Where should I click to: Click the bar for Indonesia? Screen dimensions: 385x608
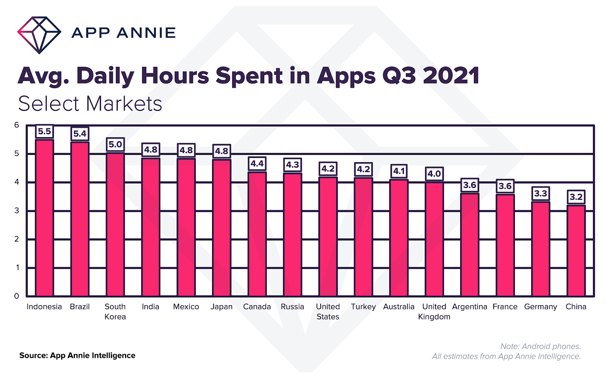(44, 218)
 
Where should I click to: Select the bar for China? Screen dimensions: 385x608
(576, 251)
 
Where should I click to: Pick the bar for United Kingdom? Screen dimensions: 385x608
(434, 239)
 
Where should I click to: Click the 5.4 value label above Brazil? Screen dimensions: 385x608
(80, 134)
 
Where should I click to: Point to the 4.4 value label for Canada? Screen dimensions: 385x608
(257, 164)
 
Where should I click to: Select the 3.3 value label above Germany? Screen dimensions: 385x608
(541, 194)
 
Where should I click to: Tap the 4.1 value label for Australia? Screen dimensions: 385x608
(399, 171)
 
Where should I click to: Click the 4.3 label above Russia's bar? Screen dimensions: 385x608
(293, 165)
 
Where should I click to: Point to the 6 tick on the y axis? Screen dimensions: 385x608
(16, 125)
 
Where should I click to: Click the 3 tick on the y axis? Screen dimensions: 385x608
(16, 210)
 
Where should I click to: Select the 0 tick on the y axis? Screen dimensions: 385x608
(16, 296)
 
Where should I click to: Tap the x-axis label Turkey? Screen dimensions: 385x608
(363, 307)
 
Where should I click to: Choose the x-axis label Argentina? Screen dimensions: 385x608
(470, 307)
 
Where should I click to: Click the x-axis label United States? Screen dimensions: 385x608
(328, 312)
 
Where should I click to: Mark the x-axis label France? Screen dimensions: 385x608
(505, 307)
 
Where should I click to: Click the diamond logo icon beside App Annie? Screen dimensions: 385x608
(39, 35)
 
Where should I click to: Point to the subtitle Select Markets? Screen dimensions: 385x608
(90, 104)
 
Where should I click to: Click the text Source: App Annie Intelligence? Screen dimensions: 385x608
(77, 356)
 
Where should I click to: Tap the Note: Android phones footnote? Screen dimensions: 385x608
(540, 346)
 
